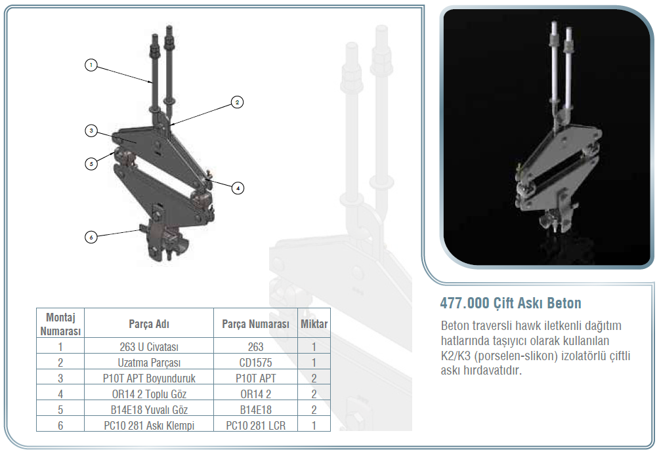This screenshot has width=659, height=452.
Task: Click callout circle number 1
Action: point(91,65)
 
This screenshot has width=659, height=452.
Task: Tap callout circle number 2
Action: point(237,102)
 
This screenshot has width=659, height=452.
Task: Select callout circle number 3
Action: point(91,131)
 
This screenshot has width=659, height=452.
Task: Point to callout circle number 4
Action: point(238,188)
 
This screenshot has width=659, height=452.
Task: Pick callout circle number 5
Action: point(91,164)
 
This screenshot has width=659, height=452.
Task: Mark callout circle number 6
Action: point(91,237)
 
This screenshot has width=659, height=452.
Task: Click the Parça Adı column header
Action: point(149,324)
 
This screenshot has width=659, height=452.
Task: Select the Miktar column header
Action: point(314,324)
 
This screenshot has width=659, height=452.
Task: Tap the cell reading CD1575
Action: point(255,362)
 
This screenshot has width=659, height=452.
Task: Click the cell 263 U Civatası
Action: point(149,346)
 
